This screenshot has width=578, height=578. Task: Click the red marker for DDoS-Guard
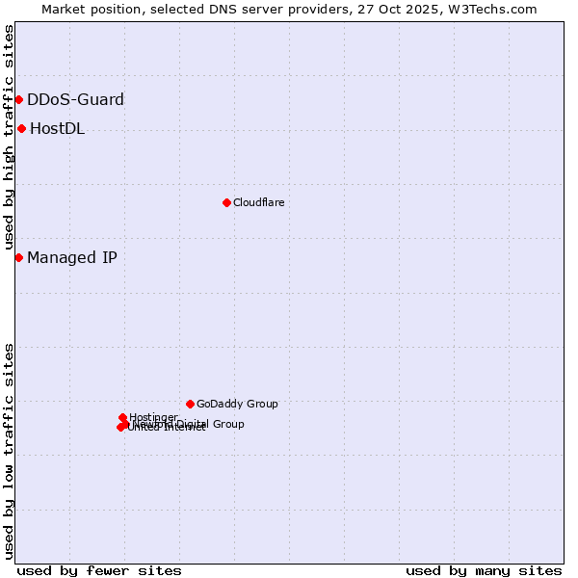tap(18, 99)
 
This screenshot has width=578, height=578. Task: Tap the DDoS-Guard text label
tap(75, 99)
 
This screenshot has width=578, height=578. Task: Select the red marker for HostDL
tap(21, 128)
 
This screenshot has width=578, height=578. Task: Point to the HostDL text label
tap(57, 129)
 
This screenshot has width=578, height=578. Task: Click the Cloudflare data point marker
tap(226, 202)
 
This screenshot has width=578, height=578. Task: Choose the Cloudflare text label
tap(258, 202)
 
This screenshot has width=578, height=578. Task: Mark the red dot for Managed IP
tap(18, 257)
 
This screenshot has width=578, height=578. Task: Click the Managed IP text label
tap(72, 257)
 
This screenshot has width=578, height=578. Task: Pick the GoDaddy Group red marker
tap(190, 404)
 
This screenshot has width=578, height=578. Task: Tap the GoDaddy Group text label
tap(237, 404)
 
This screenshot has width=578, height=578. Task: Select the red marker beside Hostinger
tap(122, 417)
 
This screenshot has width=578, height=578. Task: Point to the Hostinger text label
tap(153, 417)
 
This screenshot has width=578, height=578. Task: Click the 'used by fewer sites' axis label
tap(99, 570)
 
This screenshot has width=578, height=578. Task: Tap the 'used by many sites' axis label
tap(484, 570)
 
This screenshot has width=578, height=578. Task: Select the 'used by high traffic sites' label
tap(9, 137)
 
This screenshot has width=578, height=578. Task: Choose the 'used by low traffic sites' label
tap(9, 450)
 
